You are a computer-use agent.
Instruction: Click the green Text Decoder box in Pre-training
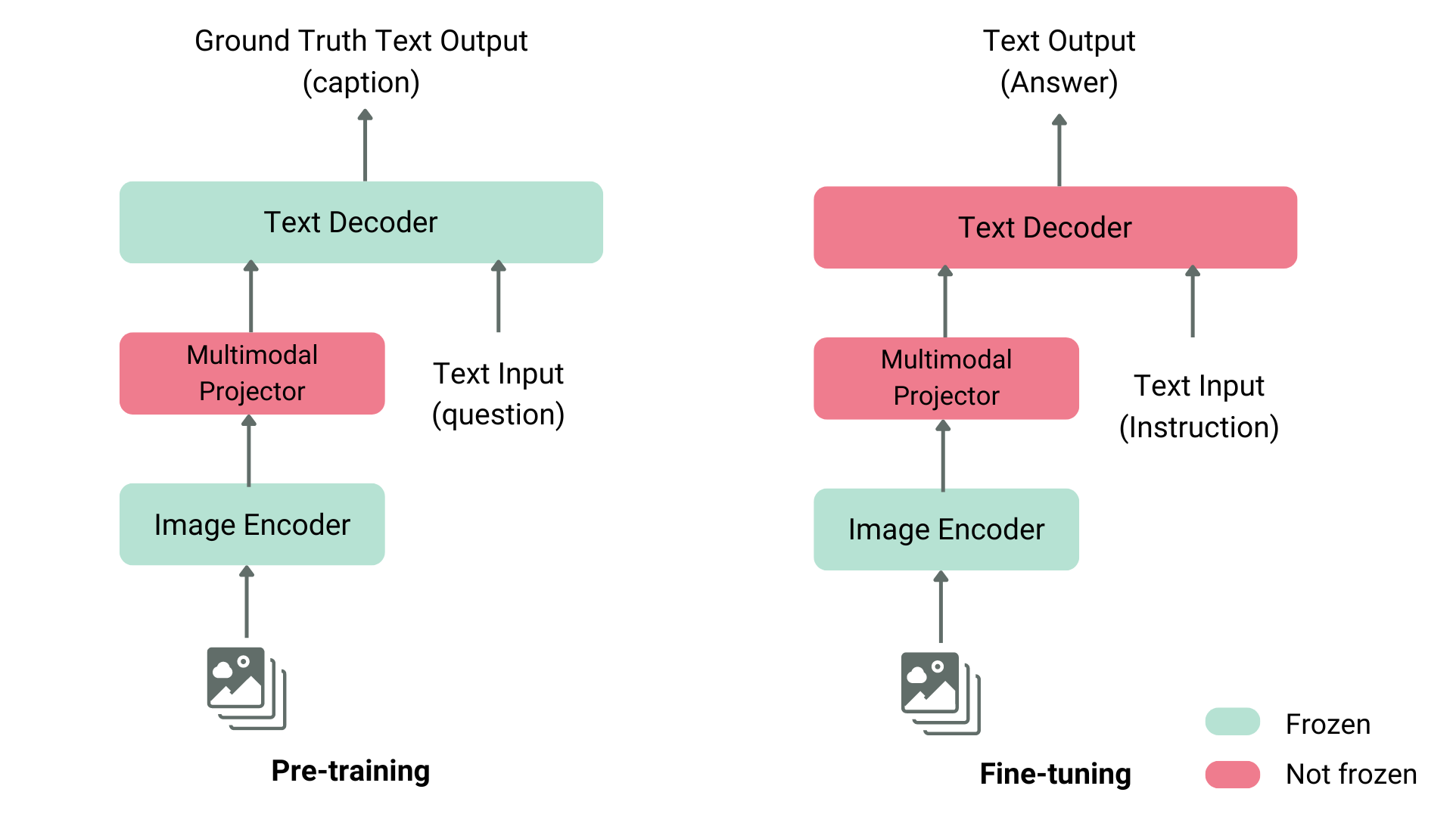tap(361, 222)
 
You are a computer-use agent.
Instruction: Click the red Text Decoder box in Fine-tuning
tap(1055, 227)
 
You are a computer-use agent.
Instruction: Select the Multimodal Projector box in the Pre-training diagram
tap(252, 373)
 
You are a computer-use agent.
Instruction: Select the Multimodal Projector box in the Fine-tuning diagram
tap(946, 377)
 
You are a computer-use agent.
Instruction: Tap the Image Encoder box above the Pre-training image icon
tap(252, 524)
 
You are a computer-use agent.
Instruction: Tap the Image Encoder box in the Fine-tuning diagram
tap(946, 529)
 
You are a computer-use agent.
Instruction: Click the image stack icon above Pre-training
tap(246, 688)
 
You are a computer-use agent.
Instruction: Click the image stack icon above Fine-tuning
tap(940, 693)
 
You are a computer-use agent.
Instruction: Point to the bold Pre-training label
tap(350, 771)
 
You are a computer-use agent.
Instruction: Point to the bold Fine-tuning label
tap(1055, 774)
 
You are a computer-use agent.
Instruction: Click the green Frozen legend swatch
tap(1232, 722)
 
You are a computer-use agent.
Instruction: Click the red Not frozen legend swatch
tap(1232, 774)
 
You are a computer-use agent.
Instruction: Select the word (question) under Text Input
tap(498, 415)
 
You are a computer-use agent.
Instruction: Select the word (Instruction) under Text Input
tap(1199, 427)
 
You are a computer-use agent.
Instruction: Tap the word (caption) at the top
tap(361, 82)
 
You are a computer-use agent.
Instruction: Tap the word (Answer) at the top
tap(1059, 82)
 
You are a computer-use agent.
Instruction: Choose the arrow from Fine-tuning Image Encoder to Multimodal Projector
tap(943, 456)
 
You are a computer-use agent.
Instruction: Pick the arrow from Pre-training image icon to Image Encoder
tap(247, 602)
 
